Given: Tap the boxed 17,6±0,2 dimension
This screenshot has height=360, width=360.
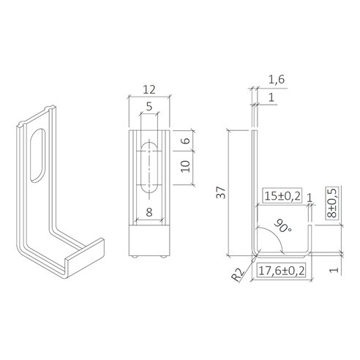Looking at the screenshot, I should (x=282, y=271).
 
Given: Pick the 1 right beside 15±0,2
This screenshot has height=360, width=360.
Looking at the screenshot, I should (x=310, y=197).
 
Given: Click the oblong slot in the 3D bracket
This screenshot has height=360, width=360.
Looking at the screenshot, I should (x=36, y=154).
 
